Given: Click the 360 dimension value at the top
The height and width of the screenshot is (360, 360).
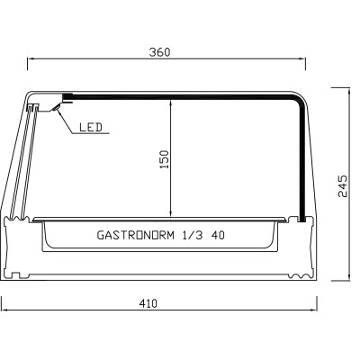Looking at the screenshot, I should click(159, 52).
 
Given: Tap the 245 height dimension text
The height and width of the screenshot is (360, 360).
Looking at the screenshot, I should click(343, 185).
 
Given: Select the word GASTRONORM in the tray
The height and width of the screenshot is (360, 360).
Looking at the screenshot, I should click(134, 236).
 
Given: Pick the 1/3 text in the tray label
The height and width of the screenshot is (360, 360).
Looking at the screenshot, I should click(192, 236).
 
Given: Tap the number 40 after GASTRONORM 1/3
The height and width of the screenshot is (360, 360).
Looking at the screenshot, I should click(218, 236).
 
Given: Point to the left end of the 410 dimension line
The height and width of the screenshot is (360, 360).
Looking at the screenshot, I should click(3, 312).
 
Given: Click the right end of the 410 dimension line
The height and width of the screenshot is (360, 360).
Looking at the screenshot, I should click(319, 312).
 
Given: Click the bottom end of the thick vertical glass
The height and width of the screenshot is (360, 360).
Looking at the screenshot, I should click(303, 217).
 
